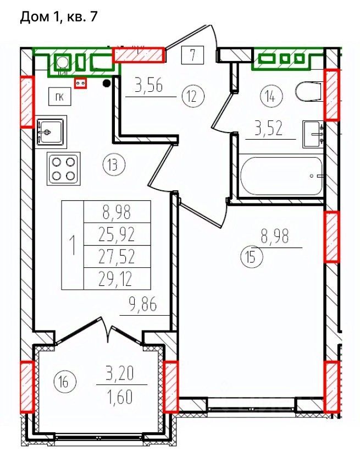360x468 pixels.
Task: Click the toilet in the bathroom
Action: point(309,91)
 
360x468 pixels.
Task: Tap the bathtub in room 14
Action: point(281,175)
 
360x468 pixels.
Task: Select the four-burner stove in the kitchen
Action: point(64,168)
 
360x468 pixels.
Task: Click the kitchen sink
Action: point(50,131)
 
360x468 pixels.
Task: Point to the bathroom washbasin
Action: point(313,134)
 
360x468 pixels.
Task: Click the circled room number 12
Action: point(192,96)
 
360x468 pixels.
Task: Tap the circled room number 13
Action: point(114,165)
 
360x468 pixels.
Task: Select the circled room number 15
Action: point(251,257)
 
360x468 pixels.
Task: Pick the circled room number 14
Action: point(271,96)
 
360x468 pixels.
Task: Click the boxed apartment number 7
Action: point(193,55)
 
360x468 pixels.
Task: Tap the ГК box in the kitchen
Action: point(60,97)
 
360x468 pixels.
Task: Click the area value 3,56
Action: point(148,86)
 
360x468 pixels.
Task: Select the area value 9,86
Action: point(142,305)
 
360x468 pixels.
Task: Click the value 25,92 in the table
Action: point(117,234)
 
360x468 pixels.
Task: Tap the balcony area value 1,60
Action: point(120,397)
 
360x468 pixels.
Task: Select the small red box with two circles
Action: point(80,83)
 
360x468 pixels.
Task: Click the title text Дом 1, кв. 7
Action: point(58,16)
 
